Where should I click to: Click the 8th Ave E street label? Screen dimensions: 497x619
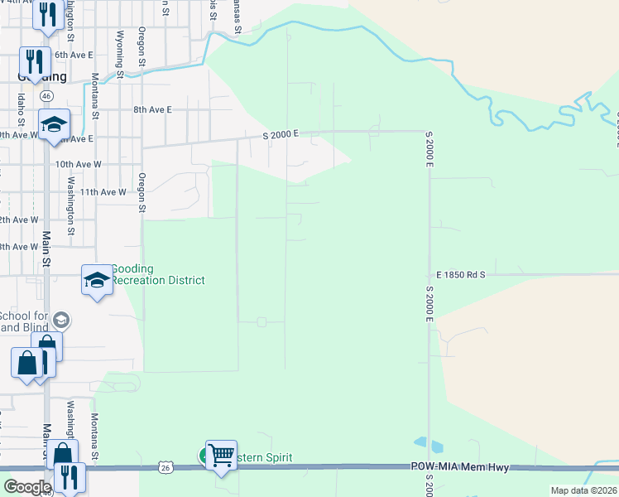click(153, 109)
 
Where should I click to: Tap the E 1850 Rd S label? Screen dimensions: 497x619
click(460, 273)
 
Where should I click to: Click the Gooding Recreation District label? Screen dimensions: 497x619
click(157, 274)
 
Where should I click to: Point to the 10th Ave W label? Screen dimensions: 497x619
click(78, 164)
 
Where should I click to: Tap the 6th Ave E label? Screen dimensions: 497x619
click(71, 55)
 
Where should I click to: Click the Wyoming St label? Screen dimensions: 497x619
click(120, 54)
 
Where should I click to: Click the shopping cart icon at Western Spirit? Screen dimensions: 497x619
click(221, 455)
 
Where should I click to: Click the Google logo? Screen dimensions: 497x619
click(26, 486)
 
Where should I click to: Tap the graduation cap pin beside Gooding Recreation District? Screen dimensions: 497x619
click(97, 281)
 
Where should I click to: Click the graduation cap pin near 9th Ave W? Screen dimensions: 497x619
click(54, 125)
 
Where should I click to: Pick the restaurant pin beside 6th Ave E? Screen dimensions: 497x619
click(35, 61)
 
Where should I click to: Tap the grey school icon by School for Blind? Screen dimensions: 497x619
click(61, 320)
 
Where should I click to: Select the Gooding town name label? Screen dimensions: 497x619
click(41, 76)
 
